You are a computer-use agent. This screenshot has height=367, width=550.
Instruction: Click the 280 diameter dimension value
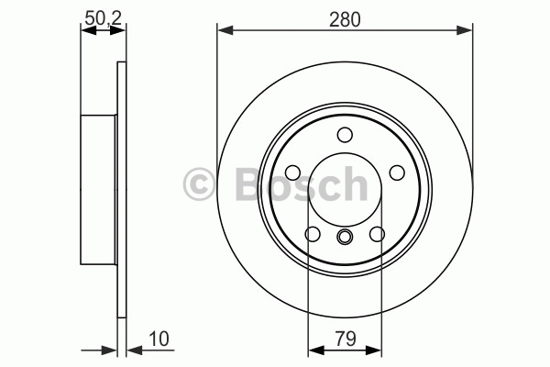pyautogui.click(x=345, y=19)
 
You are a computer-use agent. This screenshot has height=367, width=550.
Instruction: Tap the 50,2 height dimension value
pyautogui.click(x=103, y=18)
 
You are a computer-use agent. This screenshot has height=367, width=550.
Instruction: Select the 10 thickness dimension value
pyautogui.click(x=159, y=339)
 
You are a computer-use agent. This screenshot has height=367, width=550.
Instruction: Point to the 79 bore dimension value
pyautogui.click(x=346, y=339)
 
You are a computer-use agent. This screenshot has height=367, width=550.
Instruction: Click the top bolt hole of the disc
pyautogui.click(x=345, y=135)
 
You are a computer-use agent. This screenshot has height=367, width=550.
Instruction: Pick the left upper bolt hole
pyautogui.click(x=293, y=172)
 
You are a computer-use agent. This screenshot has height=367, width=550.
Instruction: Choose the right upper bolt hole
pyautogui.click(x=397, y=172)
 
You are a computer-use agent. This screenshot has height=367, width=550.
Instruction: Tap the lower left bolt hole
pyautogui.click(x=313, y=234)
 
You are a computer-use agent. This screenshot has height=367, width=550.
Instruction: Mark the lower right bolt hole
pyautogui.click(x=378, y=234)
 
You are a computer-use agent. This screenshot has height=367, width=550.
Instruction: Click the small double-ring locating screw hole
pyautogui.click(x=345, y=236)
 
